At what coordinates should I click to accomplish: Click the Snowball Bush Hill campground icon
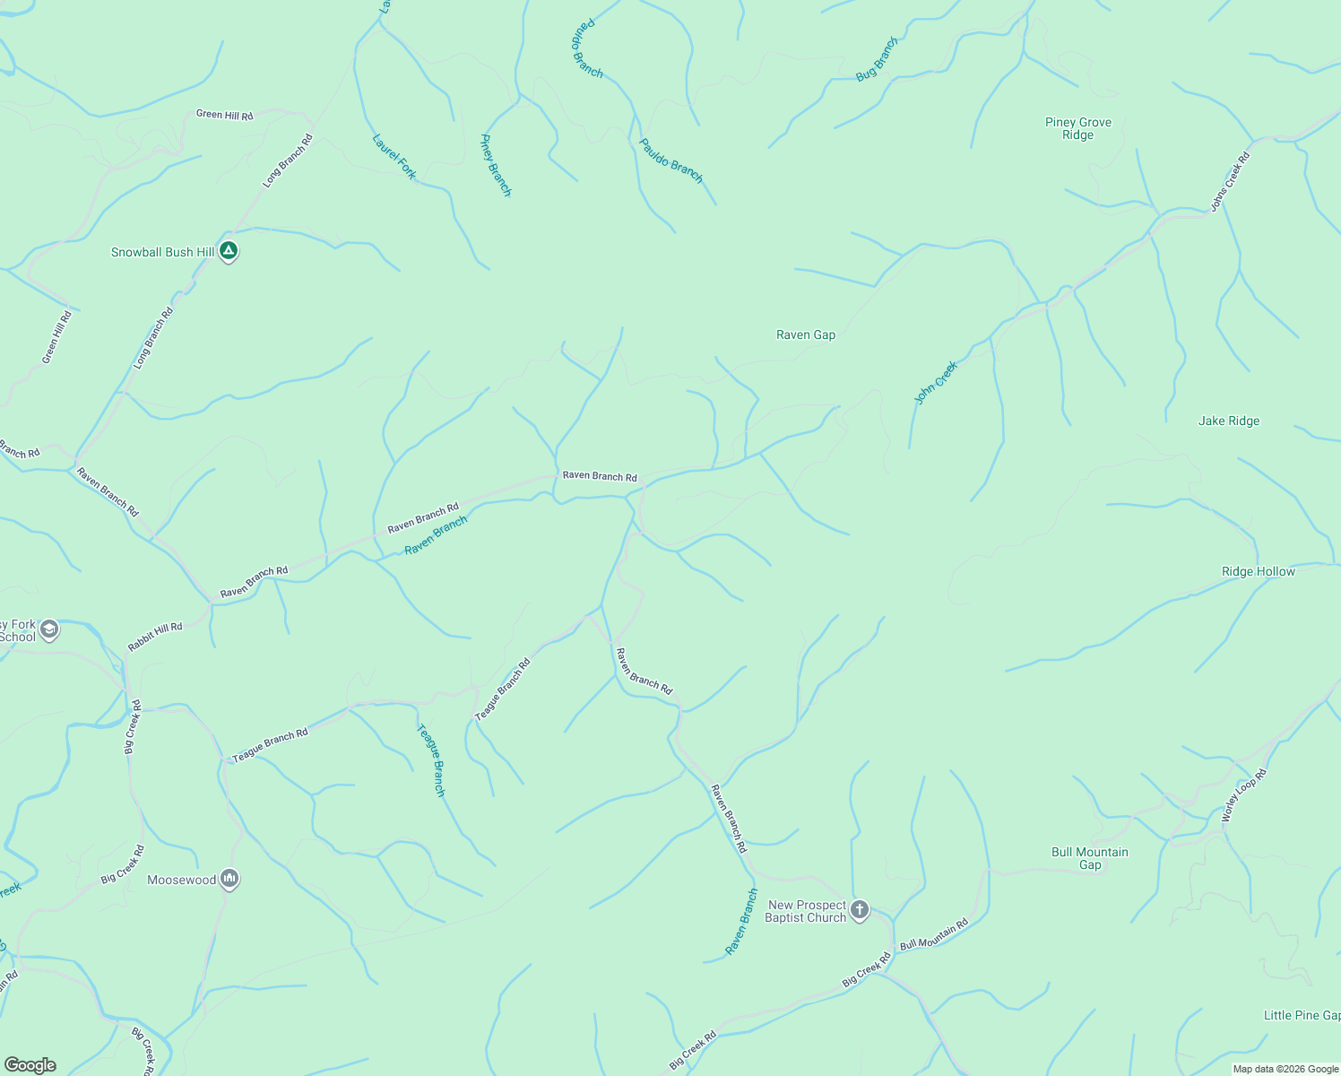[x=229, y=252]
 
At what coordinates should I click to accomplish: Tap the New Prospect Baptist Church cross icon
[x=859, y=911]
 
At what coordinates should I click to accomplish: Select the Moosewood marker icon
[x=229, y=880]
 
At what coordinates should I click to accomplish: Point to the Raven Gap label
[x=805, y=334]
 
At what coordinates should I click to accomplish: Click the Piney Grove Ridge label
[x=1077, y=128]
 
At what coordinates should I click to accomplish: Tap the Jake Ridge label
[x=1228, y=421]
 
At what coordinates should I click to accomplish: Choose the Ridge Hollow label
[x=1258, y=571]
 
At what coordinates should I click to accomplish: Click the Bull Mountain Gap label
[x=1089, y=858]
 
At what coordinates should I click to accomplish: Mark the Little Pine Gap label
[x=1301, y=1015]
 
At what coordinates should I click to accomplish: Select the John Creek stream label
[x=936, y=383]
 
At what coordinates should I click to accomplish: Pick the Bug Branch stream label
[x=876, y=59]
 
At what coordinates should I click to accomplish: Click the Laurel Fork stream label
[x=394, y=156]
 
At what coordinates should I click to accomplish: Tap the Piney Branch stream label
[x=496, y=165]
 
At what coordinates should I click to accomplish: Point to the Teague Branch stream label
[x=431, y=760]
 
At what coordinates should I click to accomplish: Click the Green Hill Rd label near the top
[x=224, y=115]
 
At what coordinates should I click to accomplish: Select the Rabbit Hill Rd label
[x=154, y=637]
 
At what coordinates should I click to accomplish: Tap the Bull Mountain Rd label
[x=934, y=934]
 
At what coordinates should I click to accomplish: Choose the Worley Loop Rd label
[x=1244, y=795]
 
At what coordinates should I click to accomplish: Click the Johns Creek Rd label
[x=1230, y=181]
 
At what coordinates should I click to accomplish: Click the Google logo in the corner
[x=30, y=1065]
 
